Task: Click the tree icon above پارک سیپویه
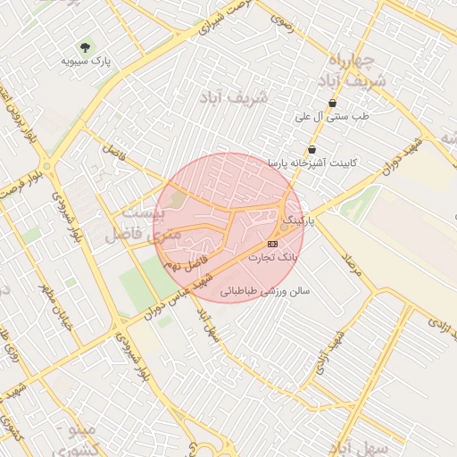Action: [86, 46]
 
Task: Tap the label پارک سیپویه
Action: [85, 61]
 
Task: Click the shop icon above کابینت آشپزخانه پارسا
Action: [312, 149]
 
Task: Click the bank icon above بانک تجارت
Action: [272, 244]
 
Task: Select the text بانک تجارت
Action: [271, 257]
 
